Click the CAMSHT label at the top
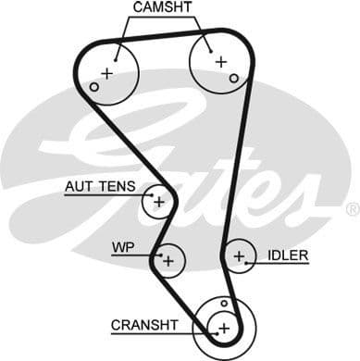click(163, 8)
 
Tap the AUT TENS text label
click(102, 187)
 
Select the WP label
click(122, 248)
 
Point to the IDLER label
click(288, 255)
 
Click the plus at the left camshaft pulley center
click(107, 72)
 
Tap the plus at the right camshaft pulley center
click(220, 61)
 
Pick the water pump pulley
click(168, 261)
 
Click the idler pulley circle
click(239, 256)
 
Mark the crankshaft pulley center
click(223, 327)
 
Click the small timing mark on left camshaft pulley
click(93, 87)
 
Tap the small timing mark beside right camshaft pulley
click(235, 77)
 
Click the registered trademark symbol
click(351, 210)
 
